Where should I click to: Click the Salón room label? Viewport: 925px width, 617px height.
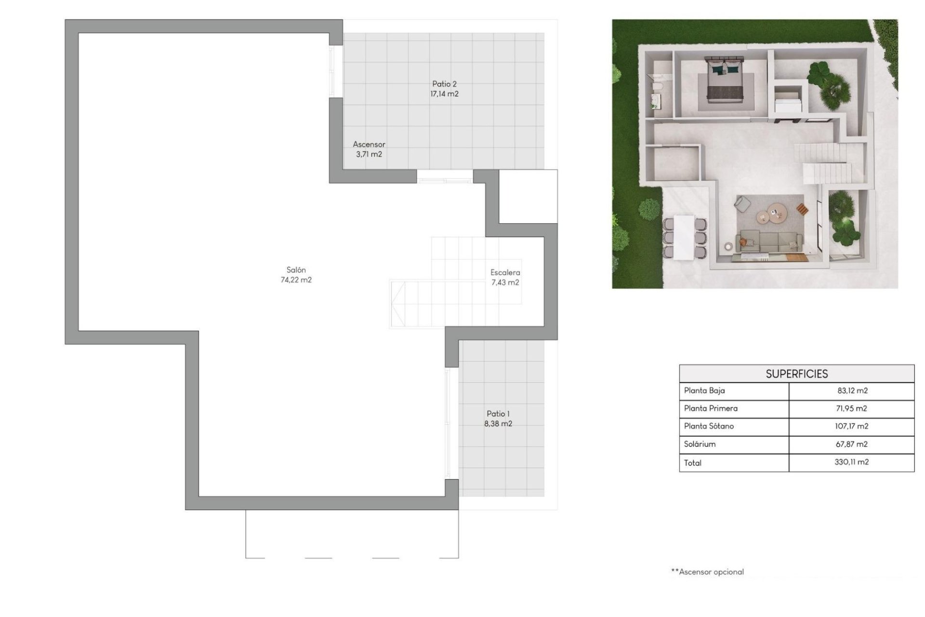pos(296,270)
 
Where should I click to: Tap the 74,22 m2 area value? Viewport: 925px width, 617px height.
pos(296,280)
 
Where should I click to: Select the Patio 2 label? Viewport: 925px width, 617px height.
pos(444,84)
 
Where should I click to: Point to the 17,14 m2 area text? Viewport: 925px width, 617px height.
pos(444,94)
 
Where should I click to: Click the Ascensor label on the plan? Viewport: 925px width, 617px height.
pos(369,144)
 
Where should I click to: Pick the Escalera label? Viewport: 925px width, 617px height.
pos(505,272)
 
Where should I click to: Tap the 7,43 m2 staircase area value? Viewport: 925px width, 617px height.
pos(505,282)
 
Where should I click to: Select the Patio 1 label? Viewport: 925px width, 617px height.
pos(498,414)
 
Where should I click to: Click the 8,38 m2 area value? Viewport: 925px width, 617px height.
pos(498,424)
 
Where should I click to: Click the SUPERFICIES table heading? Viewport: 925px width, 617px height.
pos(796,374)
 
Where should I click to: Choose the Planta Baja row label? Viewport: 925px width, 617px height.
pos(704,390)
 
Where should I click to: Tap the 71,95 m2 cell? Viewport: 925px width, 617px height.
pos(851,408)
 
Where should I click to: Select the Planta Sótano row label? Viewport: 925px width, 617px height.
pos(709,426)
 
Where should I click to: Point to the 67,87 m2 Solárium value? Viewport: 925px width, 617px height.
pos(851,444)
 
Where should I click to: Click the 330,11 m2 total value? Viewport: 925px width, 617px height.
pos(851,462)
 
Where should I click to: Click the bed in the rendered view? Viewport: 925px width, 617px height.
pos(725,80)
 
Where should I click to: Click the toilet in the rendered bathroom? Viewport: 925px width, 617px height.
pos(657,87)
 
